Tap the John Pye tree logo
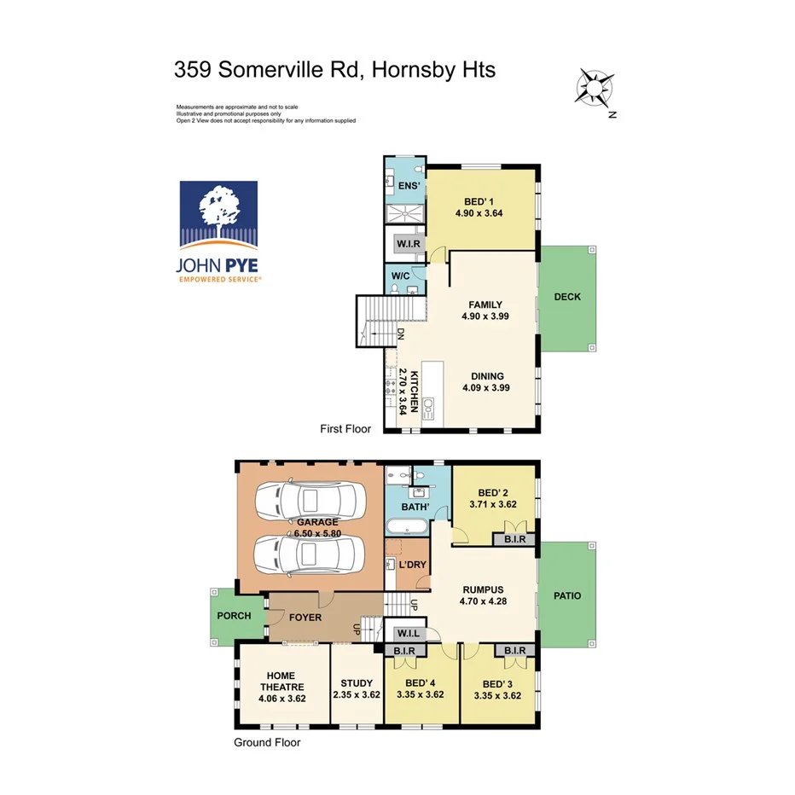coord(220,216)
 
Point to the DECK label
coord(567,297)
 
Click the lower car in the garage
coord(310,554)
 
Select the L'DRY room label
coord(412,566)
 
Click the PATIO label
coord(567,595)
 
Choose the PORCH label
coord(235,615)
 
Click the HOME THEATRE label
coord(281,688)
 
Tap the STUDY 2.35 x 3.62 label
coord(356,688)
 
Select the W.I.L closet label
coord(408,633)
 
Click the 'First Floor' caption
coord(345,429)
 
